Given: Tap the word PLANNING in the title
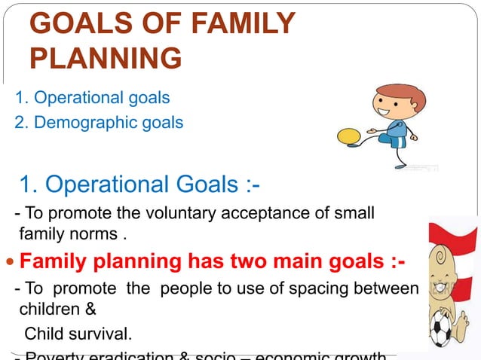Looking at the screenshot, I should pos(106,57).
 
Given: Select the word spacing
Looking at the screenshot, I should pos(337,288).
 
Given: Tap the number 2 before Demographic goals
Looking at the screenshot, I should pos(19,121).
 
